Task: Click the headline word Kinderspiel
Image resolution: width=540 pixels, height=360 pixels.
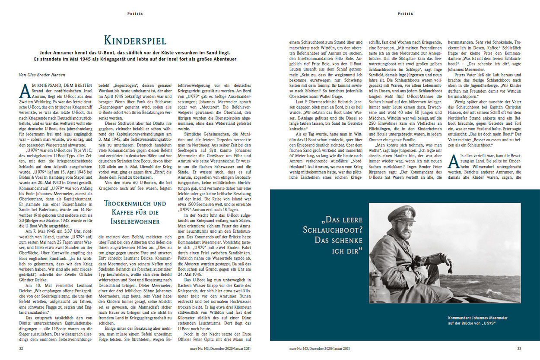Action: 135,41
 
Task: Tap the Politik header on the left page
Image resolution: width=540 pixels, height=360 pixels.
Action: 135,14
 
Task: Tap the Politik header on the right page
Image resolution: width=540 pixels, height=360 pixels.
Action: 405,14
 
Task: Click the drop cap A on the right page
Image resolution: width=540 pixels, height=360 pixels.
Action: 453,161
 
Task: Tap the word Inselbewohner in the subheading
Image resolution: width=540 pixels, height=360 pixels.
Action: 135,221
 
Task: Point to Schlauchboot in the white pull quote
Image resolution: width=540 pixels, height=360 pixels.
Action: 332,229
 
